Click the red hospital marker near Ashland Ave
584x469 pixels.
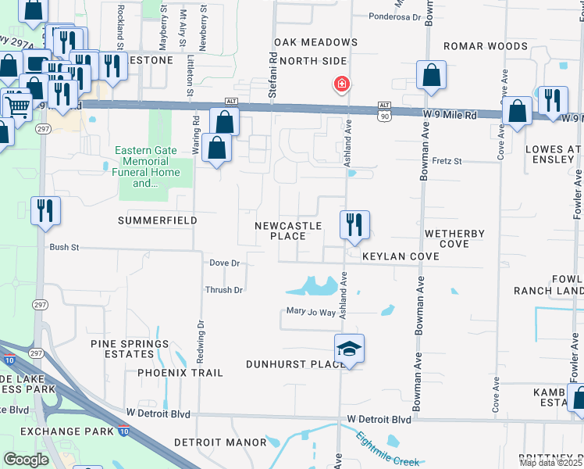[x=341, y=84]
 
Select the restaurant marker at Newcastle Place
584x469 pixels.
[x=354, y=225]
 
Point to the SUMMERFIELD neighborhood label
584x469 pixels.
[x=157, y=221]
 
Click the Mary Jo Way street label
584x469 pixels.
[x=311, y=313]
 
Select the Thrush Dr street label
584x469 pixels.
[x=224, y=290]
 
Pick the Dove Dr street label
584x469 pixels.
[x=224, y=263]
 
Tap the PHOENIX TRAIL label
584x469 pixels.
[x=180, y=373]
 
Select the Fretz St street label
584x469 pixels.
[x=447, y=162]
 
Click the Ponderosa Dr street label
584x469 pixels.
[x=394, y=16]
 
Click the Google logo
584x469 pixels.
[x=26, y=459]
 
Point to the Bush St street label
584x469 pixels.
[x=65, y=247]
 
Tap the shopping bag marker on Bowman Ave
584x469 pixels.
[x=431, y=76]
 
